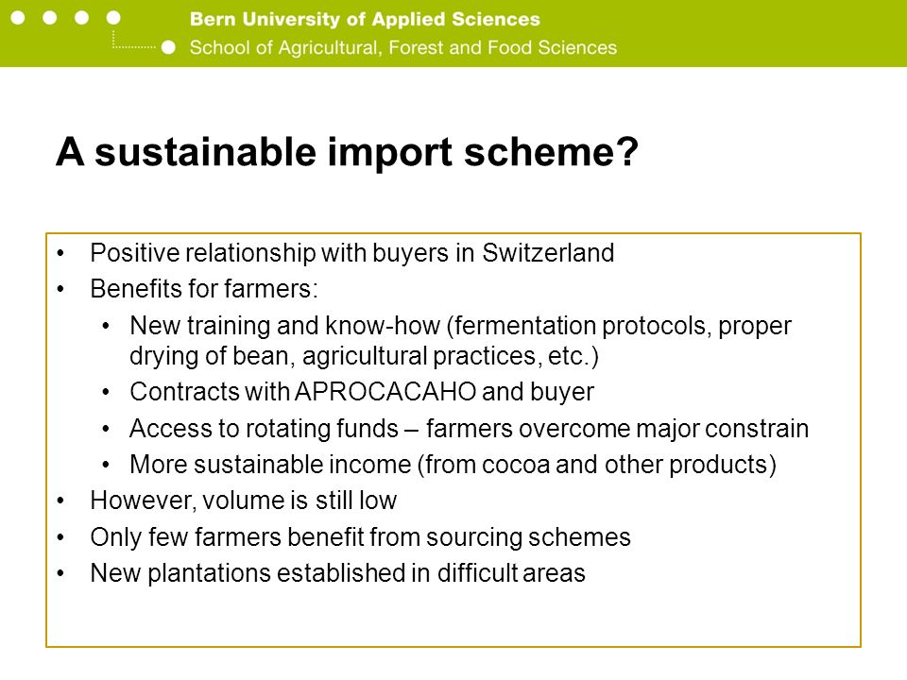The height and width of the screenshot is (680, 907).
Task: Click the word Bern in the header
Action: click(x=213, y=19)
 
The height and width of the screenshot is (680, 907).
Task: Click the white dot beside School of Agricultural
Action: click(x=168, y=47)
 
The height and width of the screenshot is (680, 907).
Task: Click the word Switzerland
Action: click(x=548, y=253)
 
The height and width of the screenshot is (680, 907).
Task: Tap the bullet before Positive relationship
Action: click(x=60, y=253)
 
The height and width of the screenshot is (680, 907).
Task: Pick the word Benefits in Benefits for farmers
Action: click(x=135, y=289)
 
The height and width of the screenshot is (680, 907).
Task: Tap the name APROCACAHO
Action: click(x=385, y=392)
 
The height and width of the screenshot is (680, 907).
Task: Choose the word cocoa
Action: click(x=516, y=465)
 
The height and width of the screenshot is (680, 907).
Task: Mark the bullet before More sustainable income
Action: click(x=105, y=465)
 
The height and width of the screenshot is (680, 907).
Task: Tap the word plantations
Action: click(x=209, y=573)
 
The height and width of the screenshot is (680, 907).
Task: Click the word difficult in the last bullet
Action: click(x=477, y=573)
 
